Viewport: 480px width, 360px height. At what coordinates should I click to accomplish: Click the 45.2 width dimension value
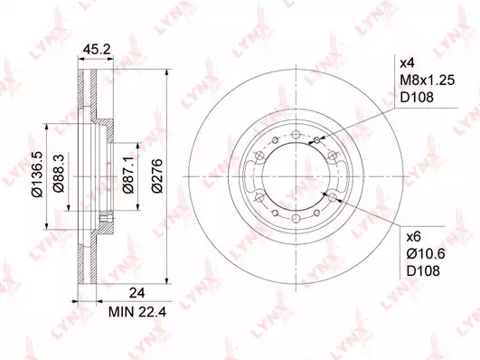click(97, 50)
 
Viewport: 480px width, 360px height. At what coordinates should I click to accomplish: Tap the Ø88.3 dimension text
click(59, 173)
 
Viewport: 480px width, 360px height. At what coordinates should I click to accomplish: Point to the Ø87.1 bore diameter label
click(128, 174)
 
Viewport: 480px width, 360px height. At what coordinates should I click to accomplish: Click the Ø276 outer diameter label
click(157, 175)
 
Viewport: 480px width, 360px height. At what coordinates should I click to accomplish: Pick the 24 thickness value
click(136, 293)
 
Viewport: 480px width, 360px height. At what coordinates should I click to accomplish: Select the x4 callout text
click(408, 63)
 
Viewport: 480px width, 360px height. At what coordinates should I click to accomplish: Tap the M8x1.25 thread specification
click(428, 81)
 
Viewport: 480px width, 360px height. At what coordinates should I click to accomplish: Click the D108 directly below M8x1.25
click(418, 98)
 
